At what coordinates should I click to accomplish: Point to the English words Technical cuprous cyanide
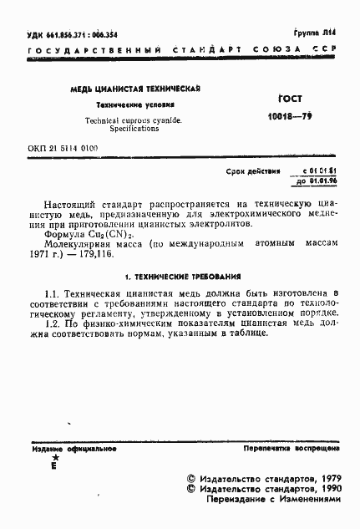click(134, 121)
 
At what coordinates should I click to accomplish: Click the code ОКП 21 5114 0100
click(63, 147)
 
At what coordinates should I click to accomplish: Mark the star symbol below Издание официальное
click(54, 459)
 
